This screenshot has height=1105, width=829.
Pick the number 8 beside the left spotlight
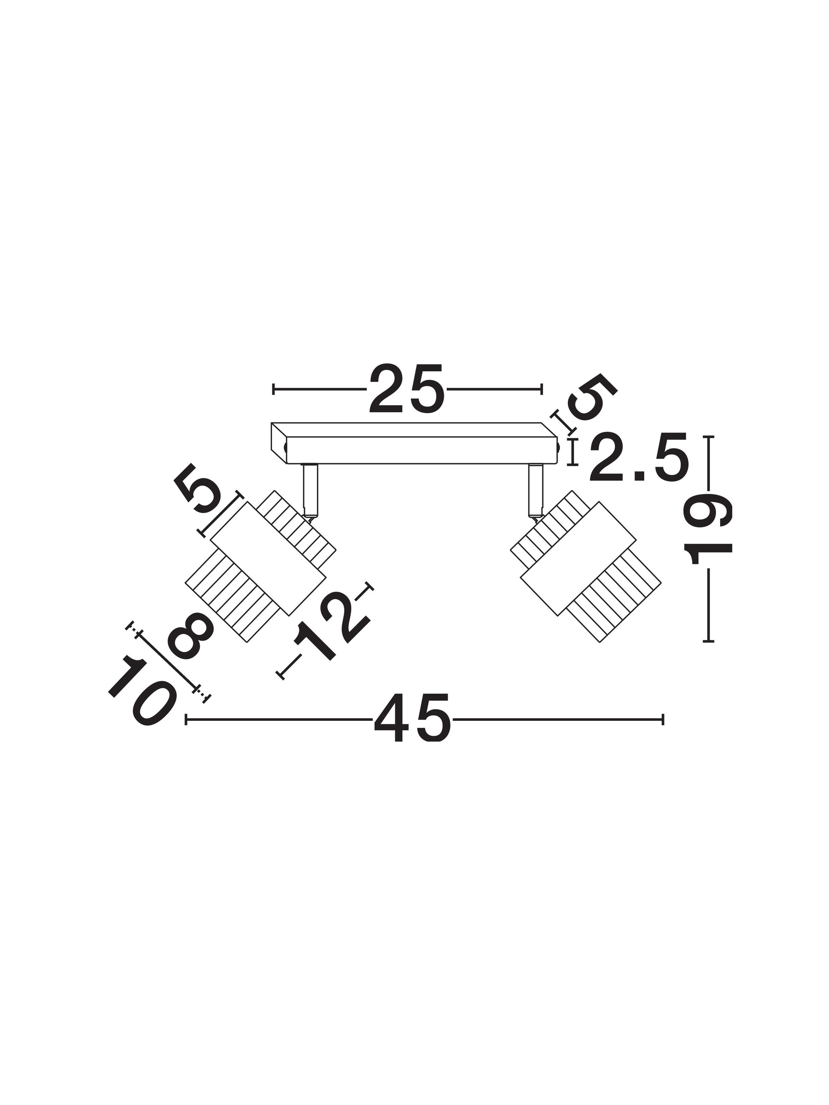[190, 636]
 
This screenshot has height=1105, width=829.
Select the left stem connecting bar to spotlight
[310, 489]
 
